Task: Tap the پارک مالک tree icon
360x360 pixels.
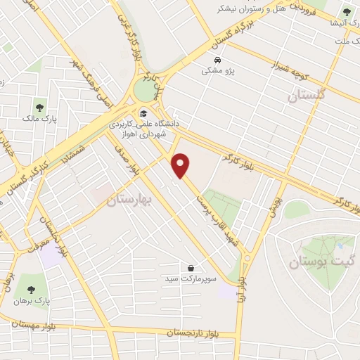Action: coord(39,108)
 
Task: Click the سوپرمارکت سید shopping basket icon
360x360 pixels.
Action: coord(191,267)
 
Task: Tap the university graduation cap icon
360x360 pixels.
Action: coord(143,112)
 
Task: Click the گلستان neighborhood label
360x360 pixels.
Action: coord(307,96)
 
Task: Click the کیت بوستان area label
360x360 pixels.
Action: coord(317,262)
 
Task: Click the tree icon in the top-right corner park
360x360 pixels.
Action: coord(345,11)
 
